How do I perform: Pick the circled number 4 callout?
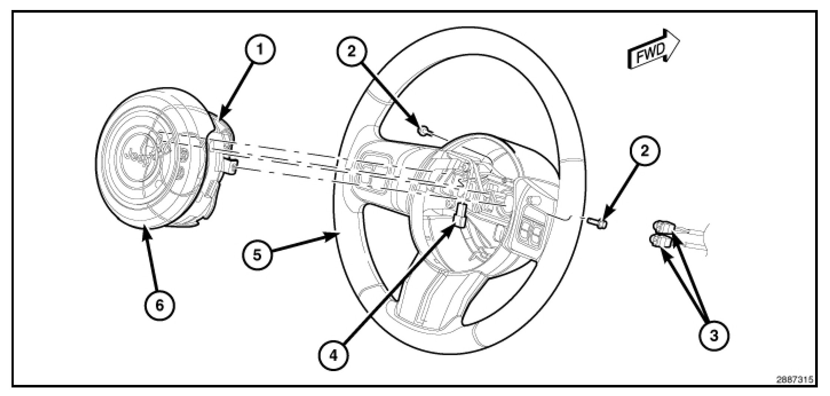point(334,356)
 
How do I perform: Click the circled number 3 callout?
point(714,336)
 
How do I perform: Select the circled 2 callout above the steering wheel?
point(351,52)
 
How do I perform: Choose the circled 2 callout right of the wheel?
point(645,151)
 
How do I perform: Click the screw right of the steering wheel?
point(598,222)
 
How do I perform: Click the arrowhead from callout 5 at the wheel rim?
point(334,234)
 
